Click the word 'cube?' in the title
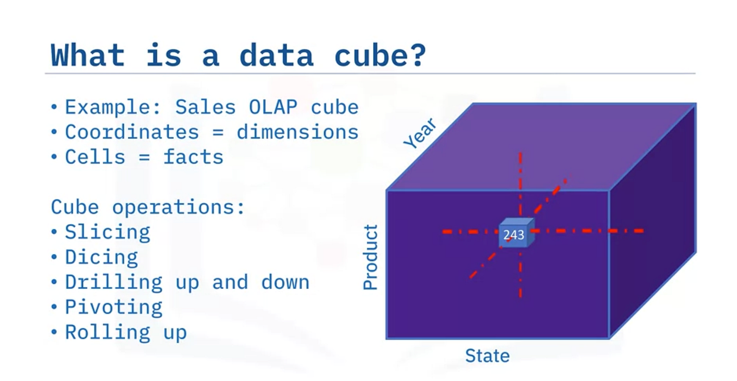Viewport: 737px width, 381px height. pos(380,55)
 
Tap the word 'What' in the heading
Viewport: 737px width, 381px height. pos(87,55)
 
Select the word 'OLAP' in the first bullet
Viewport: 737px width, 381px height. pos(273,107)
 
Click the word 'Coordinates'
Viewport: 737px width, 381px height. pos(132,132)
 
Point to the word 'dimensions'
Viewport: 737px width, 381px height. pos(297,132)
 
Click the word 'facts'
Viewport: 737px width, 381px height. pos(194,157)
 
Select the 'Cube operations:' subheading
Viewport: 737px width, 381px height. pos(148,208)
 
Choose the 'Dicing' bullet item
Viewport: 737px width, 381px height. pos(101,258)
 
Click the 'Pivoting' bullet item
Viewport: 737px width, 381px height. pos(114,308)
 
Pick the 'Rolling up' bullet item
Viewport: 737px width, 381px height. pos(126,332)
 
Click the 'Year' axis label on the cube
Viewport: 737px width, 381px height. pos(420,133)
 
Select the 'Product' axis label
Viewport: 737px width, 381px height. pos(370,257)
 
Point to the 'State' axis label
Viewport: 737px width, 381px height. pos(487,356)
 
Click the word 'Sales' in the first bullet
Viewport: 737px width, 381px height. pos(205,107)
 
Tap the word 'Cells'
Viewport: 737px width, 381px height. pos(95,157)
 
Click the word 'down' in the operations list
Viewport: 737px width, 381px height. pos(285,282)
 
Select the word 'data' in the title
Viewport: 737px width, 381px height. pos(276,55)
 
